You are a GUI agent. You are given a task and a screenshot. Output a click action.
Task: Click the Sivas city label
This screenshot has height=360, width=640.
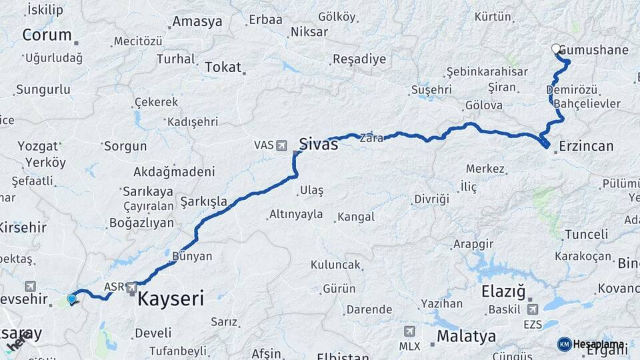pos(318,143)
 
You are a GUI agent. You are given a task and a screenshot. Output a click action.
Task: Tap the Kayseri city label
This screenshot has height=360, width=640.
pos(171,299)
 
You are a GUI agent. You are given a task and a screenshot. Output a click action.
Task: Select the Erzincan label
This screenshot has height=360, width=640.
pos(587,145)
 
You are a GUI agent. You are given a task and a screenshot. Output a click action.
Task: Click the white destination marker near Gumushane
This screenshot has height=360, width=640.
pos(556,49)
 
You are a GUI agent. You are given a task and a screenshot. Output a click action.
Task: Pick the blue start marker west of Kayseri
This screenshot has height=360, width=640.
pos(71,299)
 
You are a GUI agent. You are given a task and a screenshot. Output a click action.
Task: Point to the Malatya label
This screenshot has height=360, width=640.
pos(467,336)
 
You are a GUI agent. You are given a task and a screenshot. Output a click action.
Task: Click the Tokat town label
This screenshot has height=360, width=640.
pos(223,67)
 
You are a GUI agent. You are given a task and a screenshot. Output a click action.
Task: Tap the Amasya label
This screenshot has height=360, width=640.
pos(197,22)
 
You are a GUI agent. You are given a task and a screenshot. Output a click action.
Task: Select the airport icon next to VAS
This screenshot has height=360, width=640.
pos(281,145)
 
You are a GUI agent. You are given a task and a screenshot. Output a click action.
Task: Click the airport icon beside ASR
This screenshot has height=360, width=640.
pos(133,288)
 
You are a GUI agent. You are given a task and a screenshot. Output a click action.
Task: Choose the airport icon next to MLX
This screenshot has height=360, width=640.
pos(409,331)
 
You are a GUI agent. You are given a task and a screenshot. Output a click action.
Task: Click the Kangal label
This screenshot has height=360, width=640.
pos(356,217)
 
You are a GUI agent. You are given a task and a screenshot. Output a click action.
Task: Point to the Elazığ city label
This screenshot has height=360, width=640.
pos(503,292)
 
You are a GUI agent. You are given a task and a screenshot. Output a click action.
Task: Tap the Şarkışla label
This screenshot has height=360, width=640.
pos(204,201)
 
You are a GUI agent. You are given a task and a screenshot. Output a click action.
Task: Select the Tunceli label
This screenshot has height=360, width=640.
pos(587,234)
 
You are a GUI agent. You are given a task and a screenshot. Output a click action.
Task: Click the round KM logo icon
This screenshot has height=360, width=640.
pos(564,344)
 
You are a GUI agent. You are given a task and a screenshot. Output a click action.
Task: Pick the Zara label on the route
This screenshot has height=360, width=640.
pos(371,139)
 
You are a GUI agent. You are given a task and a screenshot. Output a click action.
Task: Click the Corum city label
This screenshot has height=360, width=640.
pos(47,35)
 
